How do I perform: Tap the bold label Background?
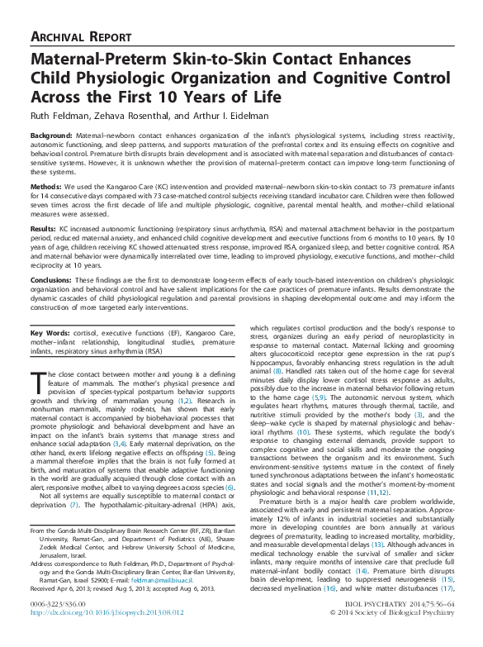[52, 134]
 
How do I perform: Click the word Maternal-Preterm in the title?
[99, 60]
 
